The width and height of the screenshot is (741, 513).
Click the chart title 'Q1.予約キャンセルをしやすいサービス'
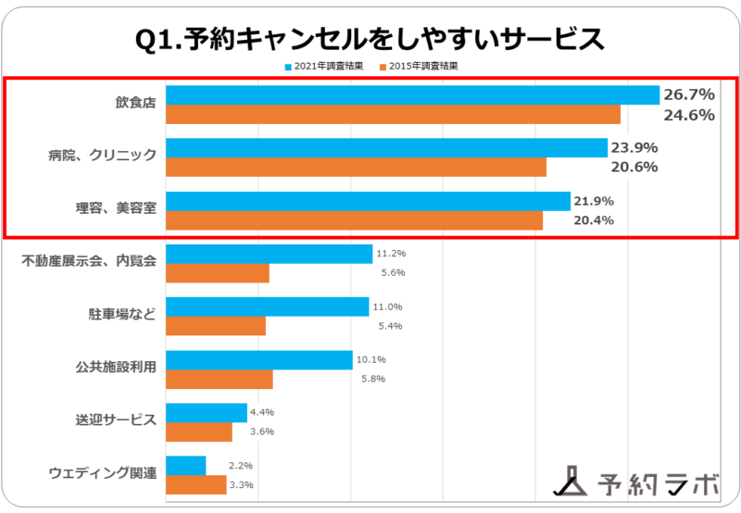(370, 39)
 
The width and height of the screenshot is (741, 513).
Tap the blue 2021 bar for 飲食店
(412, 94)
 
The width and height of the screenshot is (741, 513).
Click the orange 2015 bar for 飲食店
(393, 115)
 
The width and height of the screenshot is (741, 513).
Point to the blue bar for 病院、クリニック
(386, 147)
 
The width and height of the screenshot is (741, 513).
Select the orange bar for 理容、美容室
(354, 220)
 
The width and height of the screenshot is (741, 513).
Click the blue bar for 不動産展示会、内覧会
(269, 254)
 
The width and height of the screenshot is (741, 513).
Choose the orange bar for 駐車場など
(216, 326)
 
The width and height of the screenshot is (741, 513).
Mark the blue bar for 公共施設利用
(259, 359)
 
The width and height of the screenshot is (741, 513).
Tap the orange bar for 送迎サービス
(199, 432)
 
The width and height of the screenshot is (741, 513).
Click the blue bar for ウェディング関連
(185, 465)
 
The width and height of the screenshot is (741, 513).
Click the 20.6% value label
(634, 168)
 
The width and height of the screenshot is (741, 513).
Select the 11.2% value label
(391, 253)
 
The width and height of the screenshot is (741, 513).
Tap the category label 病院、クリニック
(102, 156)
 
